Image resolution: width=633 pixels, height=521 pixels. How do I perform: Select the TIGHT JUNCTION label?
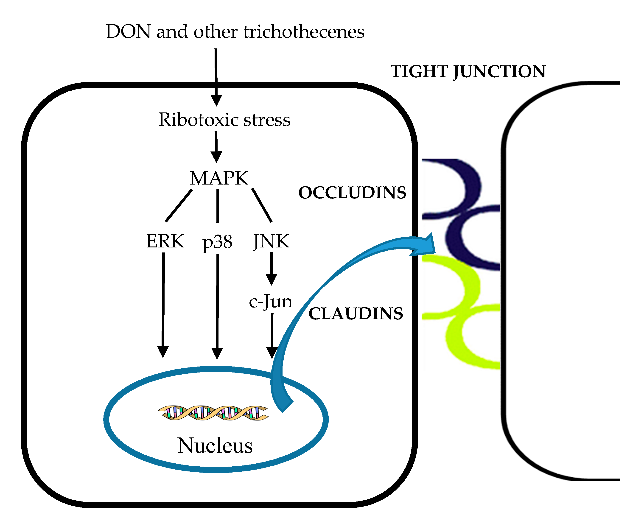coord(468,71)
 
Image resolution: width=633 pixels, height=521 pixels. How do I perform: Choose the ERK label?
coord(165,241)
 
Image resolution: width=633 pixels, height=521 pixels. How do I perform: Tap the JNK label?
coord(271,241)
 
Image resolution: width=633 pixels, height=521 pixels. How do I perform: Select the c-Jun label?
coord(270,301)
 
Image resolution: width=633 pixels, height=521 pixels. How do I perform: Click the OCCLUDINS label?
coord(352,193)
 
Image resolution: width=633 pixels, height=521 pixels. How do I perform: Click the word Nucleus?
coord(215,446)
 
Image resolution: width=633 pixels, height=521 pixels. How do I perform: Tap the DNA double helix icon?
coord(213,413)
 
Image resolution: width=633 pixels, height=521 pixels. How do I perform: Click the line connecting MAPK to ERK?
coord(179,206)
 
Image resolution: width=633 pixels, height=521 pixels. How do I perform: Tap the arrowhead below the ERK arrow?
coord(163,351)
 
